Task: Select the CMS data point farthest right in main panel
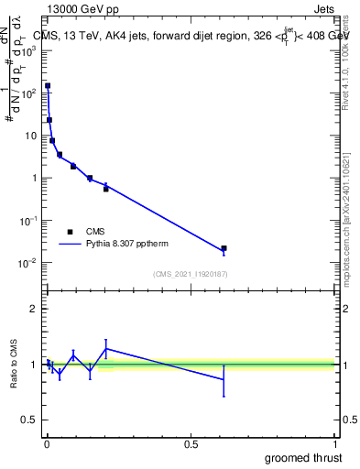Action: pos(224,248)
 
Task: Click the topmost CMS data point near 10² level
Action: pos(48,86)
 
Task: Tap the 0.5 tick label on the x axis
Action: pos(191,444)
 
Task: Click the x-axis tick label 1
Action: pos(336,444)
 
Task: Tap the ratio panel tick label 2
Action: pos(34,309)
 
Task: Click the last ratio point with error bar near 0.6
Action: pos(224,379)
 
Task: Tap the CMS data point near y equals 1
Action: pos(90,179)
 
